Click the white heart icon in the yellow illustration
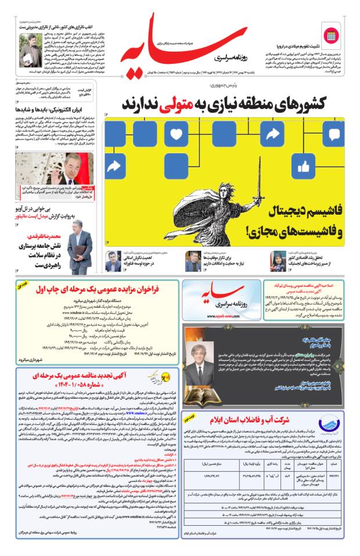(177, 134)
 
